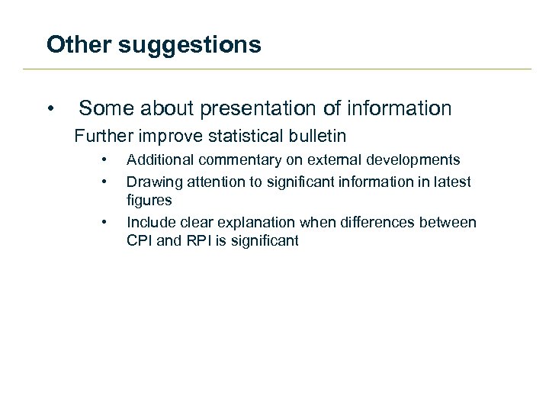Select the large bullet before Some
coord(50,109)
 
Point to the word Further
coord(101,137)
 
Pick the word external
coord(332,160)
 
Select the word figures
coord(149,201)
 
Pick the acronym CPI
coord(140,241)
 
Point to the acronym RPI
coord(197,241)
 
